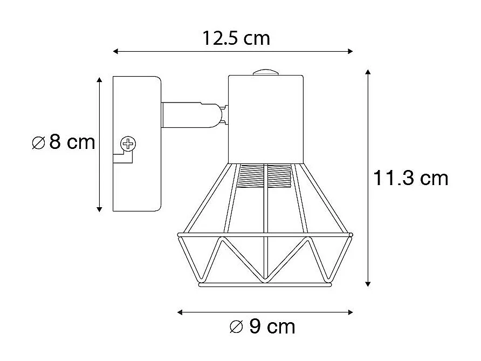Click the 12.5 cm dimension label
(x=236, y=38)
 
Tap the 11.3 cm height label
(x=410, y=178)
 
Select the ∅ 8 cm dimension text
(x=64, y=142)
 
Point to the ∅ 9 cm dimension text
(x=262, y=326)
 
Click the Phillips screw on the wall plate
(x=128, y=144)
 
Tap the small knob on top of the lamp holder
(x=264, y=72)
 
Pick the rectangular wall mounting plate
(x=136, y=144)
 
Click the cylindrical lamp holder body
(x=266, y=119)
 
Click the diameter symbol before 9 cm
(x=235, y=326)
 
